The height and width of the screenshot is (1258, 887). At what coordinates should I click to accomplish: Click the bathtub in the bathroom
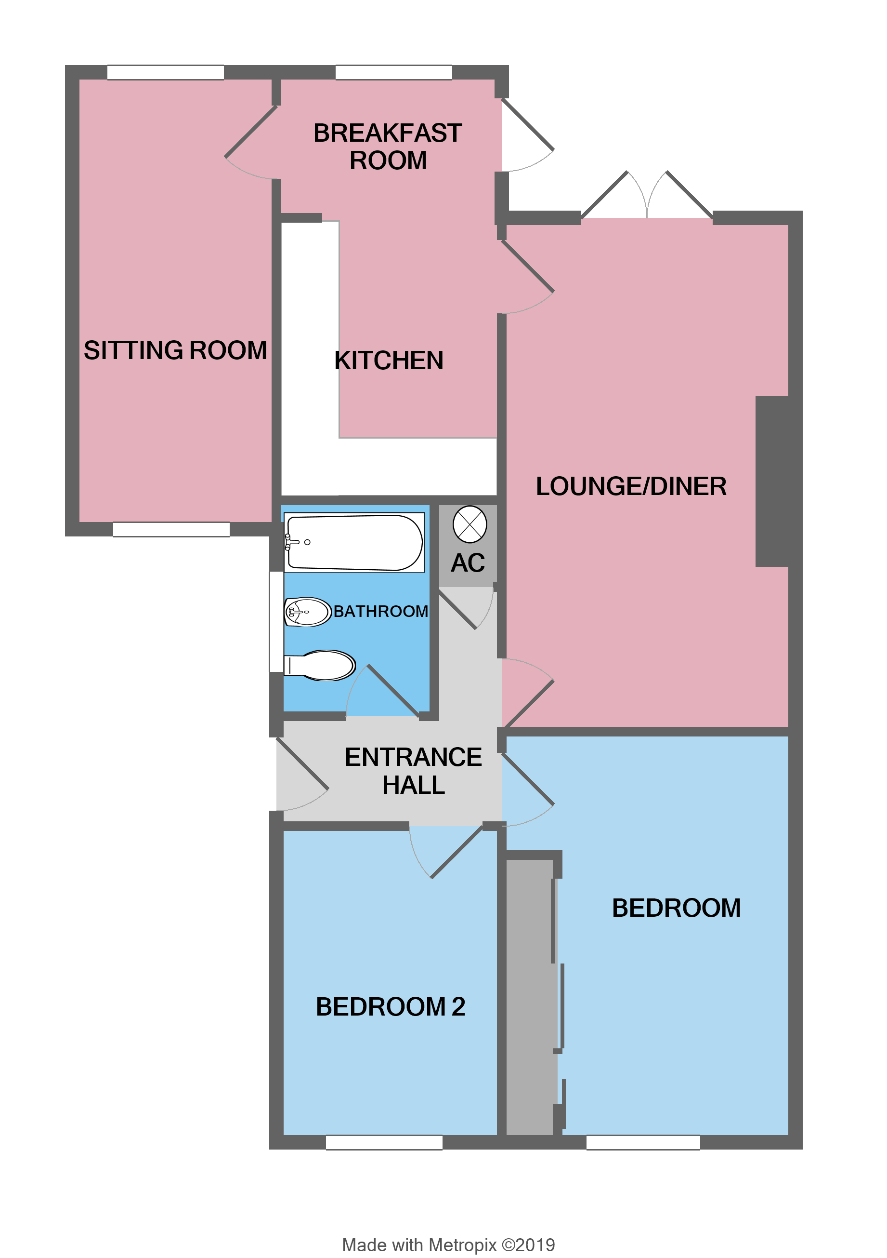(x=354, y=542)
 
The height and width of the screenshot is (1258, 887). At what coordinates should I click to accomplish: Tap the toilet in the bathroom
(x=323, y=665)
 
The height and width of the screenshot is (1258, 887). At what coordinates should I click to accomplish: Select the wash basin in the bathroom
(x=308, y=612)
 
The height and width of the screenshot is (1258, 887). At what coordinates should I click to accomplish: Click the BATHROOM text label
(x=380, y=612)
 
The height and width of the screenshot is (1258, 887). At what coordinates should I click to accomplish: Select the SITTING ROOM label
(x=175, y=351)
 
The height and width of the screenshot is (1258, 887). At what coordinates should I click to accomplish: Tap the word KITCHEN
(x=389, y=361)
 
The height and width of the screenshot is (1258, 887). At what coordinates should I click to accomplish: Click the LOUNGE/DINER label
(x=631, y=486)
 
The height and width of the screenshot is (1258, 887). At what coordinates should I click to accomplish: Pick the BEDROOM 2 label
(x=391, y=1007)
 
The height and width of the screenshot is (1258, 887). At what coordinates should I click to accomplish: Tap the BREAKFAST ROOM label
(x=388, y=147)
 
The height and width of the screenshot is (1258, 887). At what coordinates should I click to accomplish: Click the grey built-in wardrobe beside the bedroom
(x=528, y=997)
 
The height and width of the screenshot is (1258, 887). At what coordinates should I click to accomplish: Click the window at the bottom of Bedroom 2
(x=384, y=1142)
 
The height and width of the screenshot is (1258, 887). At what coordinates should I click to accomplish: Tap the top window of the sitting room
(x=165, y=72)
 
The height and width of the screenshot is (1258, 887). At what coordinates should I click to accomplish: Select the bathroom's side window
(x=276, y=621)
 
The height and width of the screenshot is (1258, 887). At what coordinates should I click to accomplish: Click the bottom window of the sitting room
(x=171, y=529)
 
